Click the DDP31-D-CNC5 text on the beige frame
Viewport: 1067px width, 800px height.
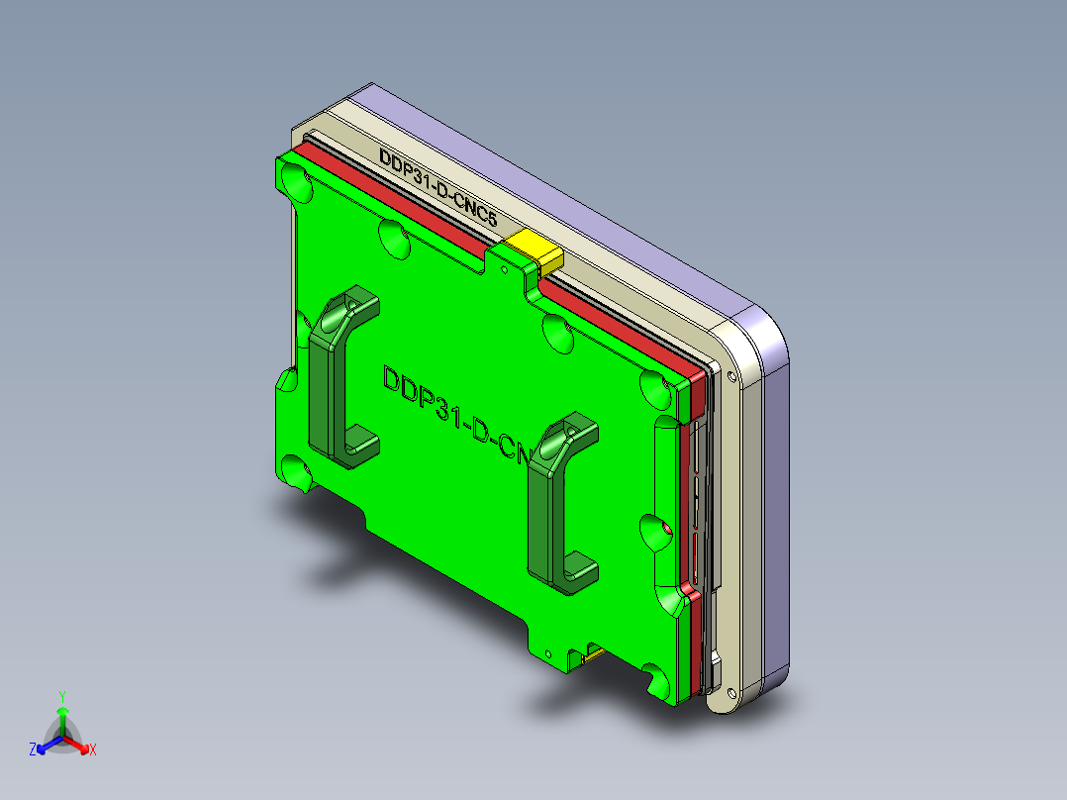[436, 188]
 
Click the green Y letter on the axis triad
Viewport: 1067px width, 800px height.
[62, 696]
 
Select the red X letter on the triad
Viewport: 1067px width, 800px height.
[93, 750]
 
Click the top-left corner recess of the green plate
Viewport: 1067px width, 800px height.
[295, 179]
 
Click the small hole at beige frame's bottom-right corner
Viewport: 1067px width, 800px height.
[731, 690]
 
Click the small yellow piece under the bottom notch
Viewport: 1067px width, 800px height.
[592, 652]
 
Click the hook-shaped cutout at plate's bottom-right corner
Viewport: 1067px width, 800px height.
[656, 680]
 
